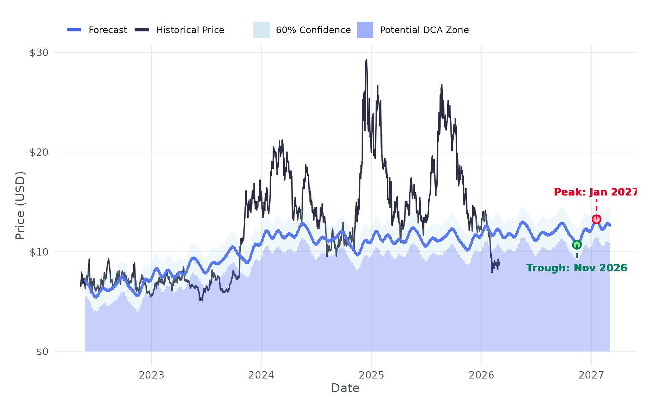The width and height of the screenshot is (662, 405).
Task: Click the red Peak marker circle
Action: pyautogui.click(x=596, y=219)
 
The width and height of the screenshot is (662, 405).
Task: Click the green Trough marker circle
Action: pyautogui.click(x=577, y=245)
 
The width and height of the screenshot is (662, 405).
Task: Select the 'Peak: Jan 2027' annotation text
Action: pyautogui.click(x=595, y=192)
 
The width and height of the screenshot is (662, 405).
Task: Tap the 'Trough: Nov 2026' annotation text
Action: pyautogui.click(x=576, y=268)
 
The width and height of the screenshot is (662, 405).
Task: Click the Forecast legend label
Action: pyautogui.click(x=107, y=30)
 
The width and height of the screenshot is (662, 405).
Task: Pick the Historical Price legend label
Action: pyautogui.click(x=190, y=30)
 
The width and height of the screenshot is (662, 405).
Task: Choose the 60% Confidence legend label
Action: pyautogui.click(x=313, y=30)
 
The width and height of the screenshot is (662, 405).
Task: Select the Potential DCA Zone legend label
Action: pyautogui.click(x=424, y=30)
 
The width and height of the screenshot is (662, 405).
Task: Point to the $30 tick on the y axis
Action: pyautogui.click(x=39, y=53)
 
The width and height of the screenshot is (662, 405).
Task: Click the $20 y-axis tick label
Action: pyautogui.click(x=39, y=152)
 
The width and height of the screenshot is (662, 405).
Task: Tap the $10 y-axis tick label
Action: pyautogui.click(x=39, y=252)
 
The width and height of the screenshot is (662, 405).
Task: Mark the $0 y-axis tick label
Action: pyautogui.click(x=42, y=352)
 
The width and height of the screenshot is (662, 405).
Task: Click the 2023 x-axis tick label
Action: pyautogui.click(x=151, y=375)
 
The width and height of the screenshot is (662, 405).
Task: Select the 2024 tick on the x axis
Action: pyautogui.click(x=261, y=375)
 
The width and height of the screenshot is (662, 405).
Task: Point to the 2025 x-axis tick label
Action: pyautogui.click(x=371, y=375)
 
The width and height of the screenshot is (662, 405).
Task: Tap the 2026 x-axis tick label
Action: pyautogui.click(x=481, y=375)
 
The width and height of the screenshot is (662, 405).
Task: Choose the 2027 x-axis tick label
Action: pyautogui.click(x=591, y=375)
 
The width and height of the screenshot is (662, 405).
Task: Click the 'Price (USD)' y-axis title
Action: pyautogui.click(x=20, y=205)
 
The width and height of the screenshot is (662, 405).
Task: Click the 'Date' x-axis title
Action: pyautogui.click(x=345, y=388)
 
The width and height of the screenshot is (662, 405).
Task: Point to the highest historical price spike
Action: pyautogui.click(x=366, y=60)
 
